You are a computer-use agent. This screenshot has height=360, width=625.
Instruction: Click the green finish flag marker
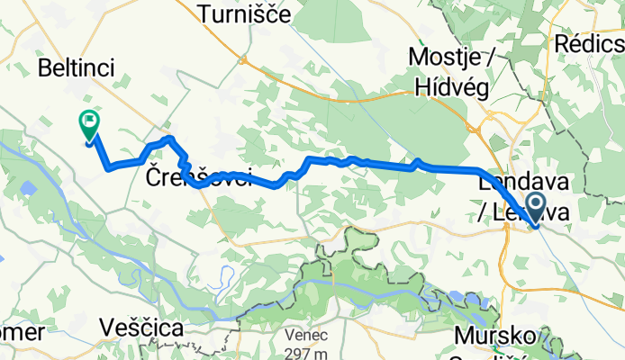(x=90, y=124)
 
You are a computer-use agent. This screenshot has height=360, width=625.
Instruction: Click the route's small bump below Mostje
(x=418, y=162)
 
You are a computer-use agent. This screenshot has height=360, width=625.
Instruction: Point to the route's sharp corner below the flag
(x=109, y=167)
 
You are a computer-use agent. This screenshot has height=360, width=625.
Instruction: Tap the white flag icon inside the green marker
(x=90, y=120)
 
